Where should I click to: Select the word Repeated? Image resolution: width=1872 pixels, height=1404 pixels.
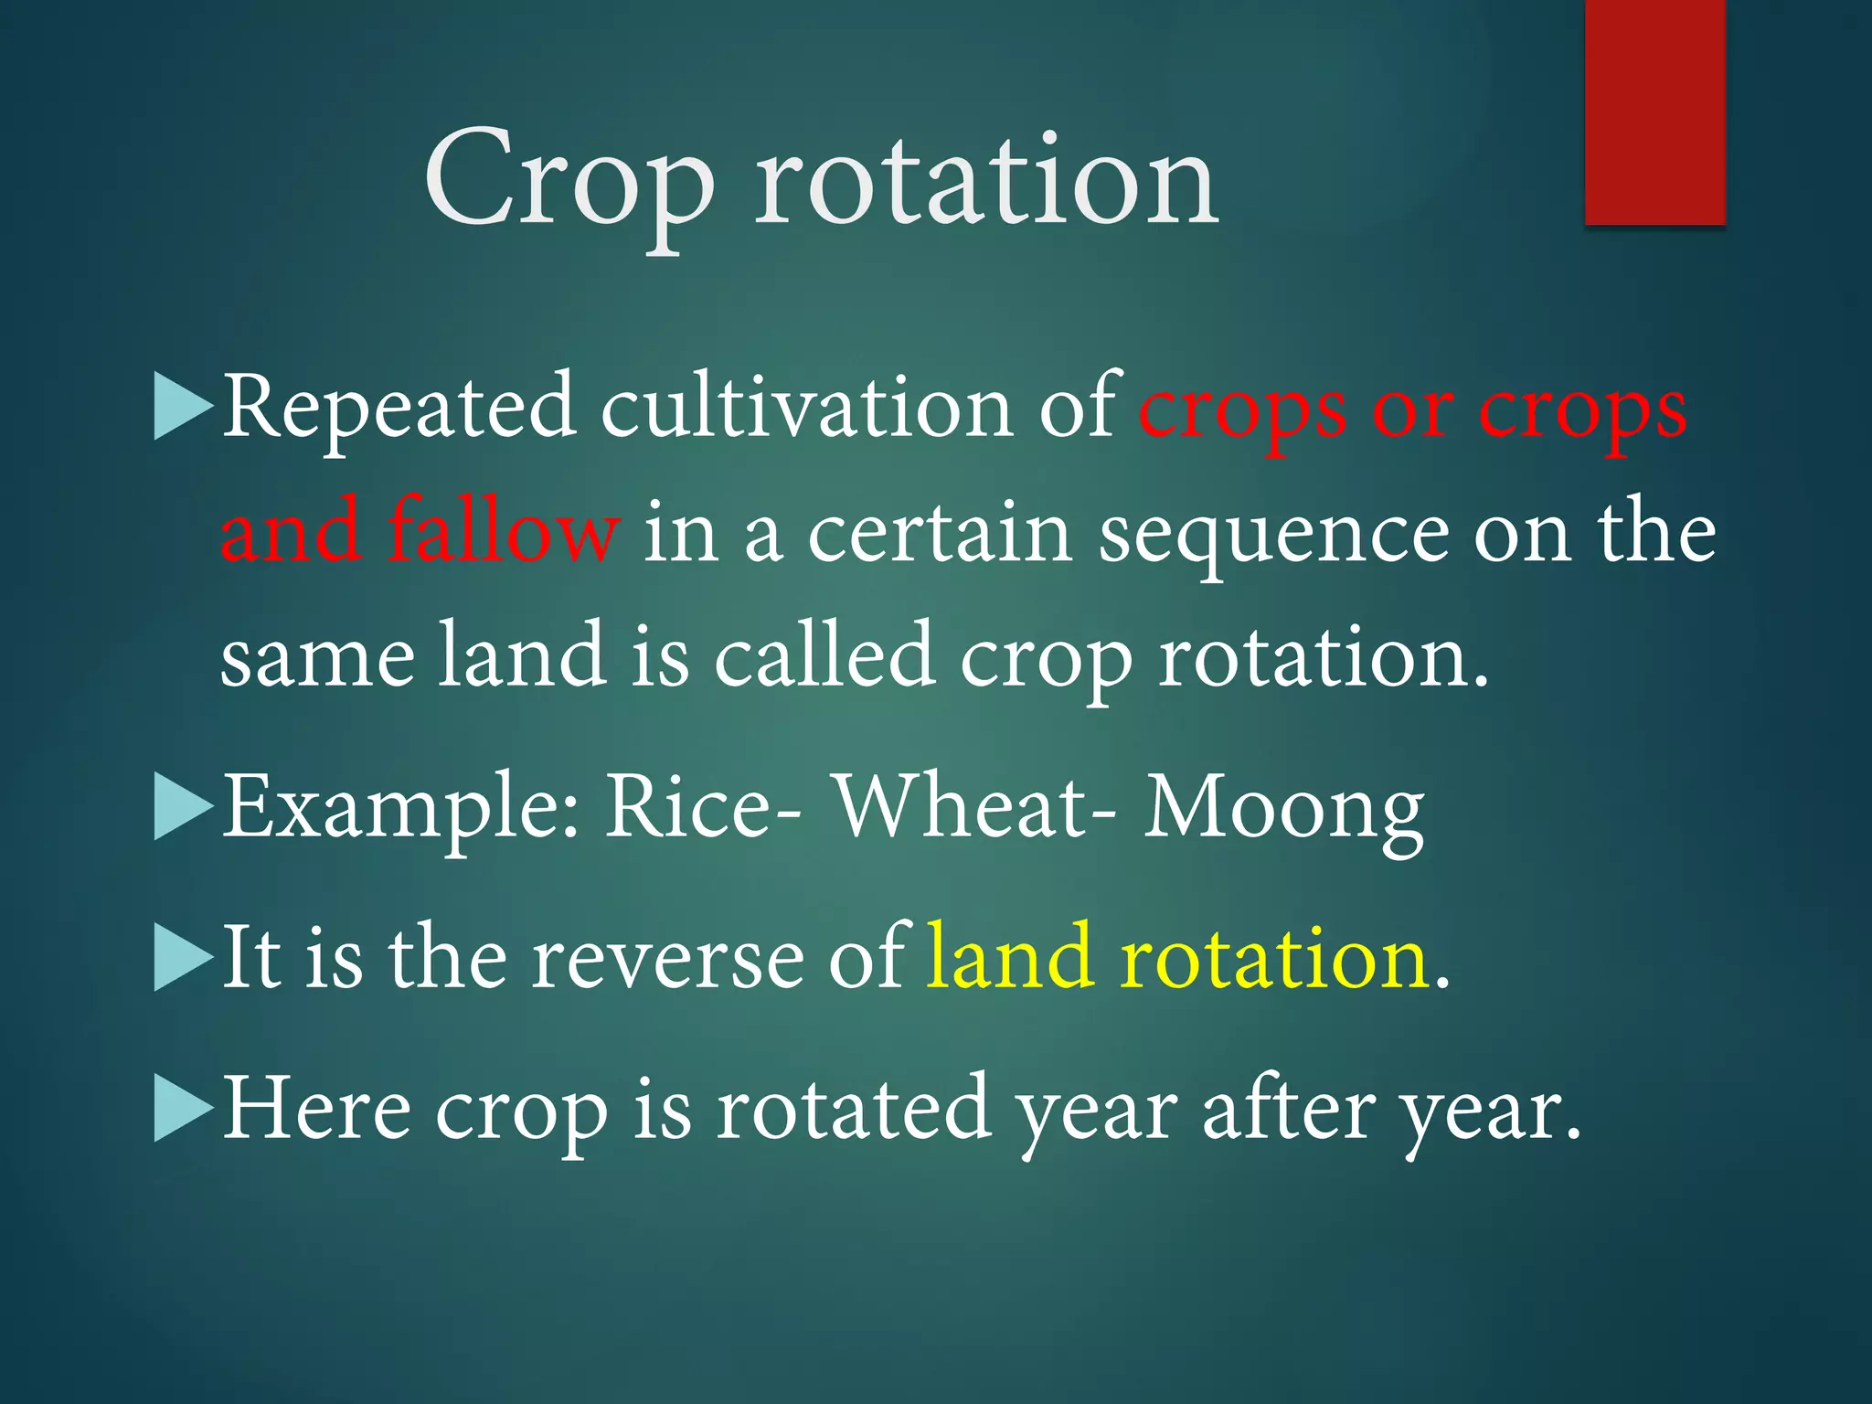coord(399,407)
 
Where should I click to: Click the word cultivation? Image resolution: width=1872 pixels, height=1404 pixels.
coord(805,407)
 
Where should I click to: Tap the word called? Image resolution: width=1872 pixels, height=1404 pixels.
coord(823,654)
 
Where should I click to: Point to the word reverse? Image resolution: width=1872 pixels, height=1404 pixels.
coord(668,957)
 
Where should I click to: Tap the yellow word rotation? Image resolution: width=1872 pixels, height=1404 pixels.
coord(1274,957)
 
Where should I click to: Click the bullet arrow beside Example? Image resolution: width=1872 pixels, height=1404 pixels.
coord(182,806)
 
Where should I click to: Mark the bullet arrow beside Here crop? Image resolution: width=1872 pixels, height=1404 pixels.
coord(182,1108)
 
